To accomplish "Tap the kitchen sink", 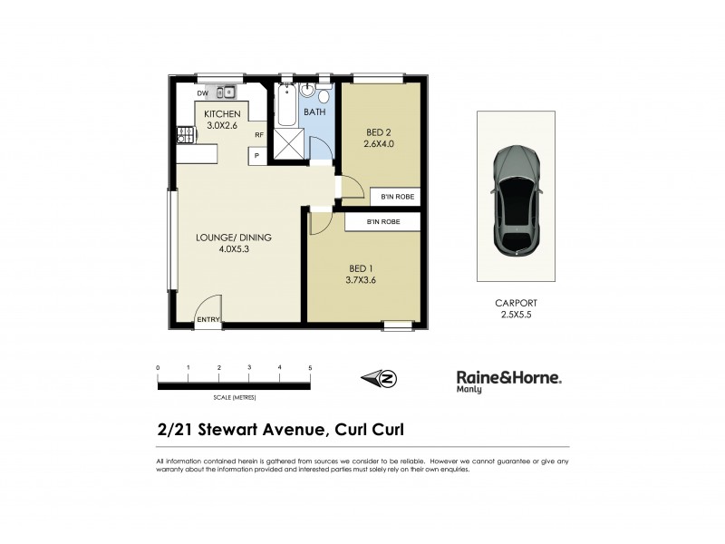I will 227,92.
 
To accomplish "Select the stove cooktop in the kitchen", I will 186,135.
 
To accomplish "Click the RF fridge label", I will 258,135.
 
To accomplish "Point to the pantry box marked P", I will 257,155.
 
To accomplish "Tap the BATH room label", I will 314,112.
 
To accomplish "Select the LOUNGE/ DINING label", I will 234,238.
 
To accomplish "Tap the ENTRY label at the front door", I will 208,318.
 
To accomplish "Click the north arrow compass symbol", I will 379,378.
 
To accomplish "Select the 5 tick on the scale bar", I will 311,367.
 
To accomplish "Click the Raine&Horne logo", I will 507,379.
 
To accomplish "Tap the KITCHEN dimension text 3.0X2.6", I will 222,125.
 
